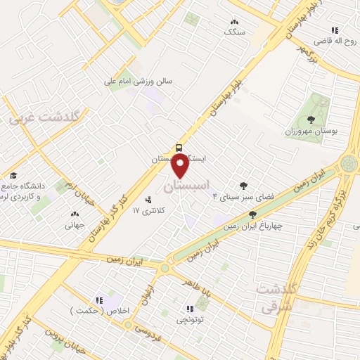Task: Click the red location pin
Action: click(180, 166)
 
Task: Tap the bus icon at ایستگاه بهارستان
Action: click(180, 148)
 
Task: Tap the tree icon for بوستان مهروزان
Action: click(311, 120)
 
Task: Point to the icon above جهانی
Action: click(75, 214)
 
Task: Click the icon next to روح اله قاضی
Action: click(335, 30)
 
